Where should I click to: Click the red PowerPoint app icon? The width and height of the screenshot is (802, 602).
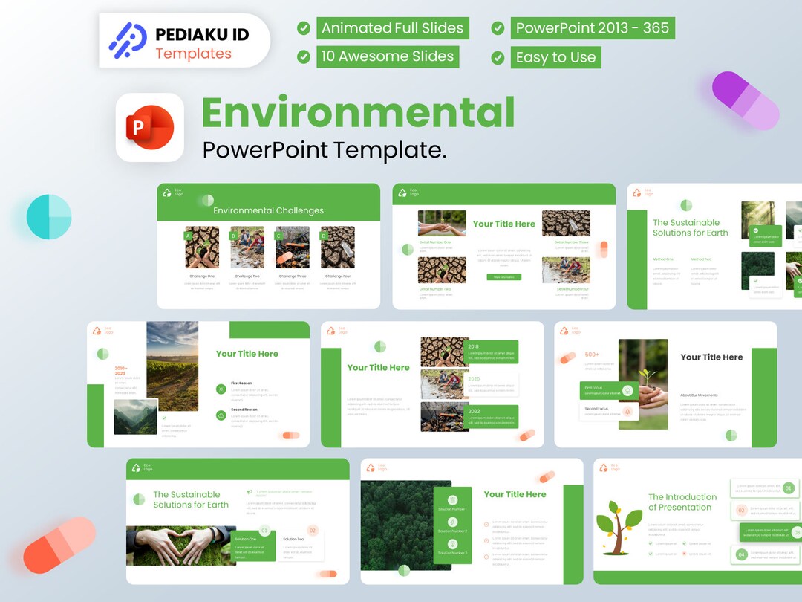click(x=149, y=127)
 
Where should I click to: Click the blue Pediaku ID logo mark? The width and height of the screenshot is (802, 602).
click(x=127, y=41)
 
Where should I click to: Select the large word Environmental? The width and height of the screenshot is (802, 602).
click(x=358, y=112)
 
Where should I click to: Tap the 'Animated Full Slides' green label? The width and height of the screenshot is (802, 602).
click(x=392, y=28)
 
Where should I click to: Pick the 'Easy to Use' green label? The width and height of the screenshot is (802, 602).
click(x=555, y=57)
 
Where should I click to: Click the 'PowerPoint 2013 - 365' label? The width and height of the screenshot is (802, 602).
click(x=592, y=28)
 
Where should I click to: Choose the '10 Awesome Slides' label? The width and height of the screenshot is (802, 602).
click(x=387, y=56)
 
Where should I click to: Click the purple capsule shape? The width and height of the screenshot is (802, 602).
click(x=746, y=100)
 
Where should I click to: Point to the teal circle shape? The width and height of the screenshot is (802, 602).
click(x=49, y=216)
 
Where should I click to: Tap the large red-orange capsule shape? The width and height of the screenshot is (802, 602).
click(x=59, y=546)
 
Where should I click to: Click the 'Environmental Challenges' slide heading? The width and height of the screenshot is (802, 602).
click(x=268, y=210)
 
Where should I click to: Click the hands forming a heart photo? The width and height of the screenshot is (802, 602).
click(x=181, y=546)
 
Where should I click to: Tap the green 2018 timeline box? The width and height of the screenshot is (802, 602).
click(x=492, y=352)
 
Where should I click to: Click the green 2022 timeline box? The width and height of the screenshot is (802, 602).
click(x=492, y=416)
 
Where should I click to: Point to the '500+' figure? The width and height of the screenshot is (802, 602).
click(x=592, y=355)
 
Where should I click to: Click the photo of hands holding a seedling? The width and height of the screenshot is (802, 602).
click(x=643, y=384)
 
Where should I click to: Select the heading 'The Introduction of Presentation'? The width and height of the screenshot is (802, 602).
click(x=682, y=502)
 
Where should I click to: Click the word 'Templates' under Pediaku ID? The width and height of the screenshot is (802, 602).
click(x=193, y=54)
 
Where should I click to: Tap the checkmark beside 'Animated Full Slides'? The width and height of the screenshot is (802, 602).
click(x=304, y=28)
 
